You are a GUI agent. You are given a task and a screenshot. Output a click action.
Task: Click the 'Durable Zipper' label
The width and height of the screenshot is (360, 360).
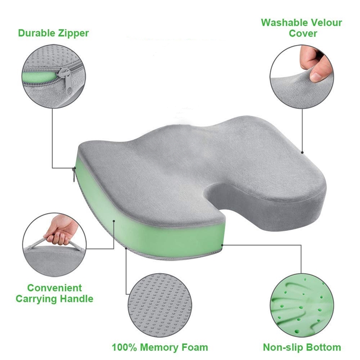53,33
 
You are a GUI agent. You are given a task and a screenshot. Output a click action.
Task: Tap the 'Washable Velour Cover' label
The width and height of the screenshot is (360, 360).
302,28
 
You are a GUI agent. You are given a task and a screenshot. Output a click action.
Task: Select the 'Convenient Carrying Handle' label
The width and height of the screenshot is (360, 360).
54,293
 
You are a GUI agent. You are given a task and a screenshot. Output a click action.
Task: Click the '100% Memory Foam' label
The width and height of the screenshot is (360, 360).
160,347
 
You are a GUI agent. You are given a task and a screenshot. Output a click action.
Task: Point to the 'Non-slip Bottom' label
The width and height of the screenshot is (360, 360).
302,347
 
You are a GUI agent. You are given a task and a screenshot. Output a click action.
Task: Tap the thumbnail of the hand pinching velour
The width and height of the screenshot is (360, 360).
302,76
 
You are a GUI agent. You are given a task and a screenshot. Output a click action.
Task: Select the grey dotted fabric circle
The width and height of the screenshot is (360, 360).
160,305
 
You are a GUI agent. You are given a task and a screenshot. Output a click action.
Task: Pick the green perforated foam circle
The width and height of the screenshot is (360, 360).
302,305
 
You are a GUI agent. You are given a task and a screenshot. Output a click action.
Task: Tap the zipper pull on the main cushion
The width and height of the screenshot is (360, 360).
74,174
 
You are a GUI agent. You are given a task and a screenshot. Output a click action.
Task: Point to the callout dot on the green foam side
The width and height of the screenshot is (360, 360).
114,221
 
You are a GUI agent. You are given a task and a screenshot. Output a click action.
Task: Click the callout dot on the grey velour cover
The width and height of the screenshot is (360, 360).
302,153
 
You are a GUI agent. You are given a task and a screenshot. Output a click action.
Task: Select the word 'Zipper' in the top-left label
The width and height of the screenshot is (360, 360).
73,33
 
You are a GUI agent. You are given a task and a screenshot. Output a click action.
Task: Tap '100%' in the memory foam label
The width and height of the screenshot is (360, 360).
124,347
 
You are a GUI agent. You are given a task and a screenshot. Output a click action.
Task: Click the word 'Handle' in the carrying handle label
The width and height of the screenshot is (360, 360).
76,299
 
